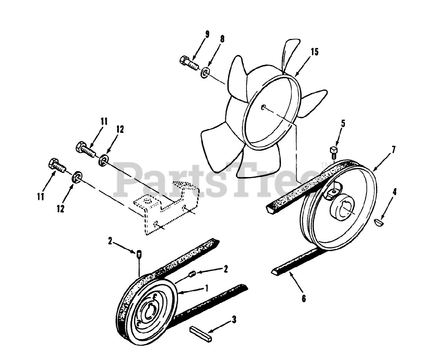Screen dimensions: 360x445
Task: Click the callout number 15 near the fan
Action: tap(314, 53)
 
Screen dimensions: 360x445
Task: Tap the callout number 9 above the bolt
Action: tap(207, 34)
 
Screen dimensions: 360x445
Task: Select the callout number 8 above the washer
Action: tap(222, 38)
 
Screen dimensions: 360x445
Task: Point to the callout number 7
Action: tap(393, 150)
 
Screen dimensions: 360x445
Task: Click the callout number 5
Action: tap(343, 123)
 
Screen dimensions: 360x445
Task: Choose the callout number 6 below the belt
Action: tap(304, 298)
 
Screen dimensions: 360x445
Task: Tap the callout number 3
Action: tap(234, 320)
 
